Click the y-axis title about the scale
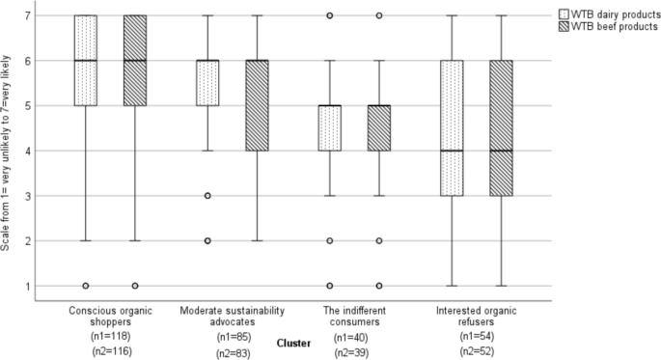click(x=8, y=152)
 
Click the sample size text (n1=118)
click(x=108, y=336)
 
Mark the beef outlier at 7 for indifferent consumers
click(x=378, y=16)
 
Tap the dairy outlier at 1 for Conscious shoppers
click(x=86, y=286)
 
